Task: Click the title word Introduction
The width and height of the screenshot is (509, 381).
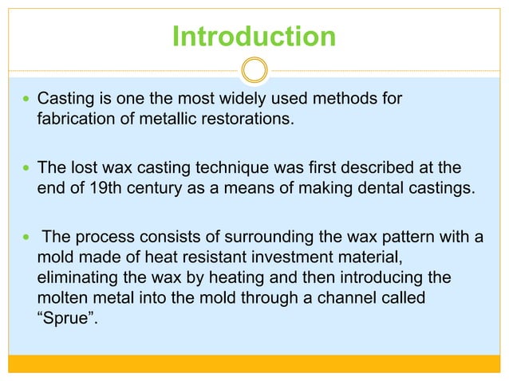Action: [x=254, y=37]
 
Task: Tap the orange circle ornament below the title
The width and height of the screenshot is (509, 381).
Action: [x=254, y=70]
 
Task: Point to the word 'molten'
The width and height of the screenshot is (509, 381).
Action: [x=63, y=298]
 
